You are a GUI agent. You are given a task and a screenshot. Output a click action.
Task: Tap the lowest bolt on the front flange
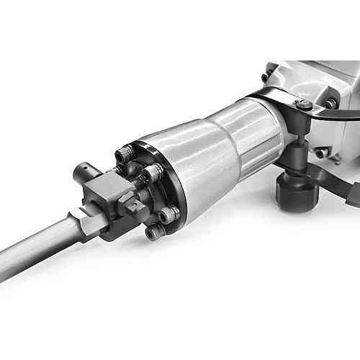(x=153, y=232)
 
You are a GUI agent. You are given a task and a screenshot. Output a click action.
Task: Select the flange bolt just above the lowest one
(x=168, y=214)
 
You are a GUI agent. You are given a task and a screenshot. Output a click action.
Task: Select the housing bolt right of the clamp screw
(x=329, y=104)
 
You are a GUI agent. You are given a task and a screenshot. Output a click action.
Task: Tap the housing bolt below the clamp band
(x=320, y=153)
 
